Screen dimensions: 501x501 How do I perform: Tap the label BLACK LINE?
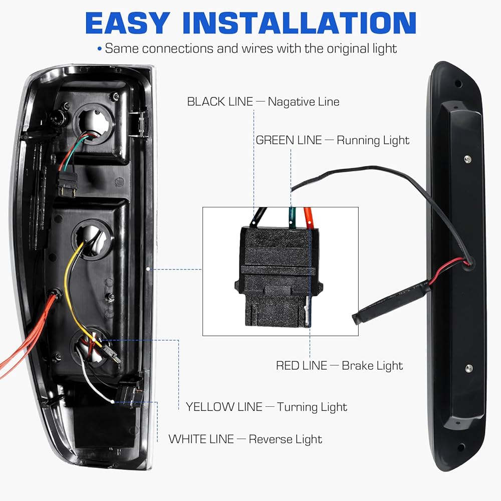(x=220, y=102)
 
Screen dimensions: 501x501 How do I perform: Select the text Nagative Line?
(x=304, y=102)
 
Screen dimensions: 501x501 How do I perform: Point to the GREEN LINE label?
(x=289, y=140)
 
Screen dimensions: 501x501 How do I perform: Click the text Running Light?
(x=373, y=141)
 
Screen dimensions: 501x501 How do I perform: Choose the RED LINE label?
(x=302, y=366)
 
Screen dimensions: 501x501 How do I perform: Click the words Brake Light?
(x=372, y=366)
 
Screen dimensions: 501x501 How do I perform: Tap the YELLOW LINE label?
(x=224, y=407)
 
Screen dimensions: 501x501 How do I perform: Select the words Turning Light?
(x=312, y=407)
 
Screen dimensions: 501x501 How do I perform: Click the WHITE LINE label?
(x=201, y=439)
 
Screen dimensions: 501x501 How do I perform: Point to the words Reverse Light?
(x=286, y=439)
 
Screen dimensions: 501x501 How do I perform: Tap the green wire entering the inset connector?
(x=292, y=217)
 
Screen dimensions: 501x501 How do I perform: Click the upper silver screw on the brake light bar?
(x=467, y=158)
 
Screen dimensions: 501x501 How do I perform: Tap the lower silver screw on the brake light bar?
(x=469, y=368)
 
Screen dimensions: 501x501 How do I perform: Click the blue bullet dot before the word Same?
(x=100, y=49)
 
